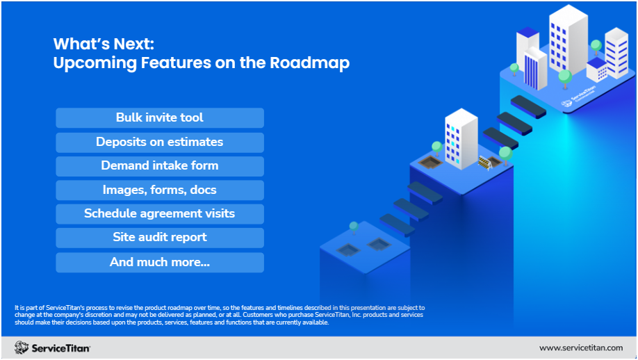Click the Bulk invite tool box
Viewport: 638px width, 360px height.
pyautogui.click(x=159, y=117)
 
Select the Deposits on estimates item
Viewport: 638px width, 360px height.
pyautogui.click(x=159, y=142)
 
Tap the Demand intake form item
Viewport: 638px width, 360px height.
pyautogui.click(x=159, y=165)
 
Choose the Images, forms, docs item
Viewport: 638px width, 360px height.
pyautogui.click(x=159, y=190)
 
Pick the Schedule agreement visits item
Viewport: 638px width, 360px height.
pyautogui.click(x=159, y=213)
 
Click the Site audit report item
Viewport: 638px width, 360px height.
pyautogui.click(x=159, y=237)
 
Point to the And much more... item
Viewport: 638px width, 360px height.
pyautogui.click(x=159, y=262)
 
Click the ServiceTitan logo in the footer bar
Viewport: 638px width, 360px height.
pyautogui.click(x=52, y=347)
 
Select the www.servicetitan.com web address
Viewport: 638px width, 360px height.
pyautogui.click(x=581, y=347)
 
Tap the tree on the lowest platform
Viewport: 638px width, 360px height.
pyautogui.click(x=354, y=228)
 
